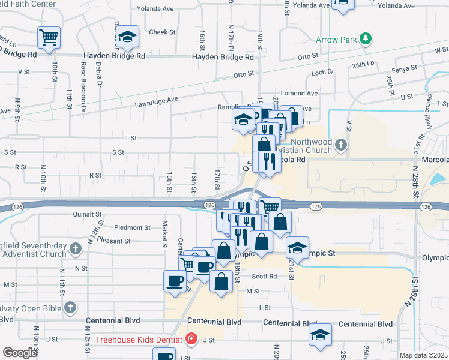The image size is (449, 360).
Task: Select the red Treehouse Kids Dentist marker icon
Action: [x=191, y=340]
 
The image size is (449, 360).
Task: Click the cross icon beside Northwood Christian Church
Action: [x=341, y=145]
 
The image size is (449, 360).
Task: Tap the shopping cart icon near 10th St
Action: [x=48, y=37]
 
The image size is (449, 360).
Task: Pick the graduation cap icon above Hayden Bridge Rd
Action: [x=127, y=37]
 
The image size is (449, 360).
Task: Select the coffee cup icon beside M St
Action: [x=175, y=281]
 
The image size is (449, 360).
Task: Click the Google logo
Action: [x=20, y=352]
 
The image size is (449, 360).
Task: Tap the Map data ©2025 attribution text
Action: [x=423, y=355]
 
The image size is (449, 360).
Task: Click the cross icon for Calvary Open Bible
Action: [x=70, y=308]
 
